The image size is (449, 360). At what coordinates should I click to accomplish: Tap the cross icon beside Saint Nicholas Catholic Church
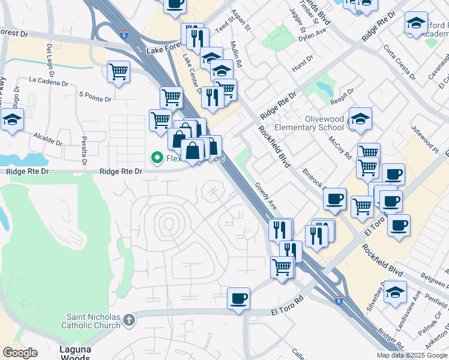pyautogui.click(x=128, y=322)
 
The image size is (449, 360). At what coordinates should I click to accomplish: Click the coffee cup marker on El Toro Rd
pyautogui.click(x=239, y=298)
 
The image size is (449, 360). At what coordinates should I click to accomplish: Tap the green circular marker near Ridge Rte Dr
pyautogui.click(x=157, y=158)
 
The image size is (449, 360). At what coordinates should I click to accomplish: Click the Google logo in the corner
pyautogui.click(x=20, y=353)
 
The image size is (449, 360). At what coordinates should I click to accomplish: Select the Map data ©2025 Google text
pyautogui.click(x=412, y=355)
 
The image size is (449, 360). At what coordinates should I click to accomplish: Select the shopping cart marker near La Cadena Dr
pyautogui.click(x=119, y=71)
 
